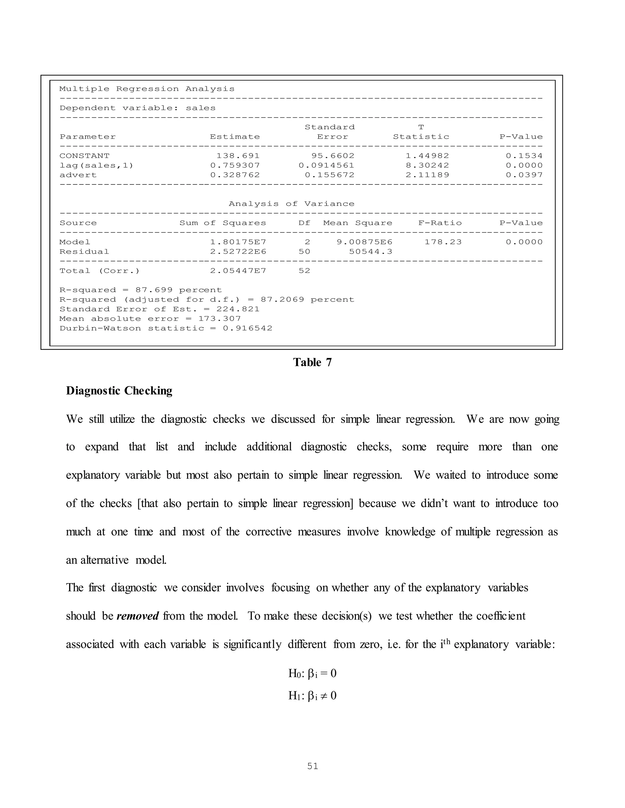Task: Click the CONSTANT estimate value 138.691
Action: tap(238, 156)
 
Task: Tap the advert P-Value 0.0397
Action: tap(524, 175)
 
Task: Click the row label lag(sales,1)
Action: tap(96, 165)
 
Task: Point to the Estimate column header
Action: tap(235, 137)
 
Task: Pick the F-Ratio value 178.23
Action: tap(443, 242)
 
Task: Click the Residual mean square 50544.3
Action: tap(370, 252)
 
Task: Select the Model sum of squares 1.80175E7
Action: tap(238, 242)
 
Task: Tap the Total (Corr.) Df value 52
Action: tap(304, 271)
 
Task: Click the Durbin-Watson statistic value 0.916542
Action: tap(247, 328)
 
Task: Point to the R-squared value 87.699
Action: tap(154, 290)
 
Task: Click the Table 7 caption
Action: tap(312, 362)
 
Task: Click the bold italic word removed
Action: tap(137, 616)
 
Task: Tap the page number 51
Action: tap(312, 766)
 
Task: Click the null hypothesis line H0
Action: tap(312, 673)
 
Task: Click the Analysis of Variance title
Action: tap(291, 204)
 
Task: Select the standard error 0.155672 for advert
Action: tap(330, 175)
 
